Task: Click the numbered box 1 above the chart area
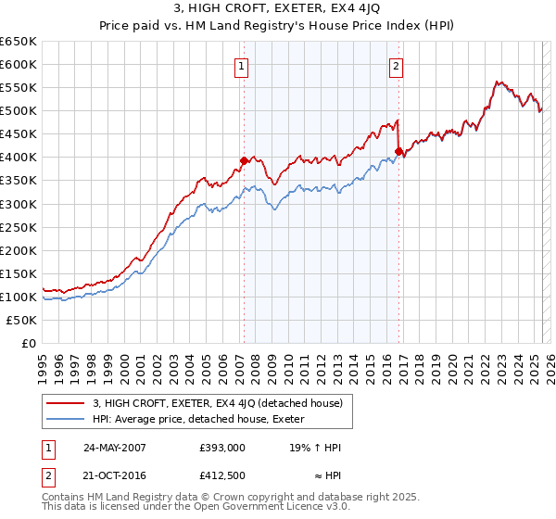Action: point(241,66)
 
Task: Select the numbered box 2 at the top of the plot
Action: point(396,66)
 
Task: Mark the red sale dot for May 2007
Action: point(244,160)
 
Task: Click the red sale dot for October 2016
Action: point(398,151)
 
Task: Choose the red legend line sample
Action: point(65,403)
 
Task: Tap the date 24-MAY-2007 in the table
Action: point(115,447)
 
